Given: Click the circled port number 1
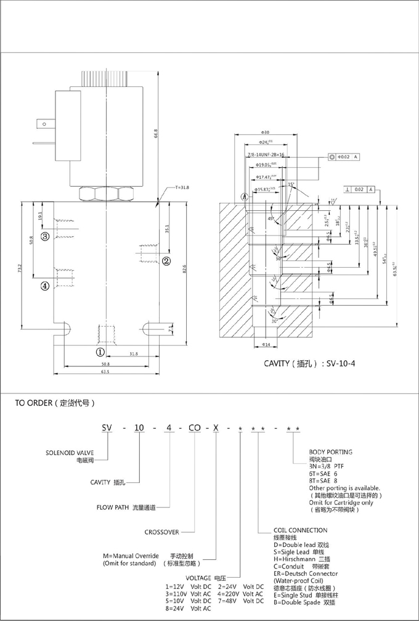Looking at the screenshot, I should [x=100, y=352].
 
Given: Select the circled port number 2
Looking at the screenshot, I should [x=166, y=261].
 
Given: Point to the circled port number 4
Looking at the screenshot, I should [x=45, y=286].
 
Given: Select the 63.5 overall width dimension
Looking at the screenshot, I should [x=105, y=372].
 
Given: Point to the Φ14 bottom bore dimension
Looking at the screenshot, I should [x=265, y=344].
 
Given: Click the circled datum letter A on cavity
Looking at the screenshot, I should [x=245, y=197].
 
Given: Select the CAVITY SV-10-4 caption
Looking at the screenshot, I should [x=309, y=364].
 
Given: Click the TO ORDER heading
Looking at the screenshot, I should [x=55, y=403].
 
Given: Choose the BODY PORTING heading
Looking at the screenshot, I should [x=330, y=453].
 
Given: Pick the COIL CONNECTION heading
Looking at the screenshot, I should [x=300, y=530].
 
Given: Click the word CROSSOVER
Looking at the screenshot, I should [x=161, y=532].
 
